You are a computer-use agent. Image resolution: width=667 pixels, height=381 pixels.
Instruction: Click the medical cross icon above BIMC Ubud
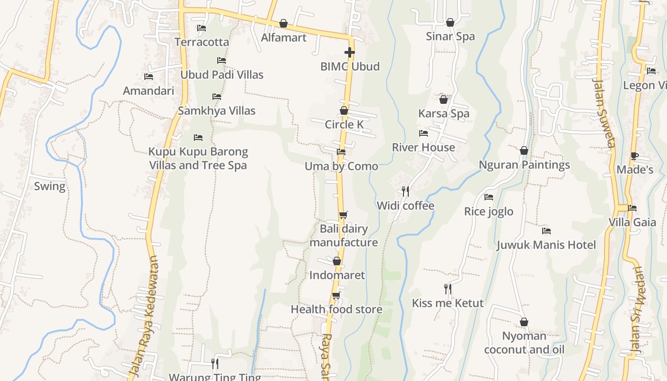[x=350, y=52]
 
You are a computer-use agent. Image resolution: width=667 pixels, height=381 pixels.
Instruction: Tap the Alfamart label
[x=283, y=38]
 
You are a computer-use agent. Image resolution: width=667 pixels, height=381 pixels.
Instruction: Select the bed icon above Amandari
[x=149, y=77]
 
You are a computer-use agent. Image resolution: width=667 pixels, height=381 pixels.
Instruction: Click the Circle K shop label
[x=344, y=125]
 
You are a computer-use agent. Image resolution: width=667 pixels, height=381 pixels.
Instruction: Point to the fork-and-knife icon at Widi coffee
[x=405, y=191]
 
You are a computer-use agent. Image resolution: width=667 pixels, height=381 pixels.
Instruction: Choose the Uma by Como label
[x=341, y=166]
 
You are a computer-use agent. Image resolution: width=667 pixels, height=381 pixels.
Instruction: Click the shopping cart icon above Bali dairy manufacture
[x=343, y=215]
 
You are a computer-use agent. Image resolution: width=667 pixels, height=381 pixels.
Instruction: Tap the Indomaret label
[x=337, y=275]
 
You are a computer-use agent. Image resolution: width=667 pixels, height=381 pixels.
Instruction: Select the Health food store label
[x=336, y=310]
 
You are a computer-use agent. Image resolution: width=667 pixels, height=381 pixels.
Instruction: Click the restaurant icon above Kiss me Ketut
[x=447, y=289]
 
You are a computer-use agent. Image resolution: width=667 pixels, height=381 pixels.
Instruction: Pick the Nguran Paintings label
[x=524, y=165]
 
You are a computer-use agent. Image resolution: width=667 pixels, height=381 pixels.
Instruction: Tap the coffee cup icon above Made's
[x=634, y=156]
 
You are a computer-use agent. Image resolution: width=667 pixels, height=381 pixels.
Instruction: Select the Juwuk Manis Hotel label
[x=546, y=245]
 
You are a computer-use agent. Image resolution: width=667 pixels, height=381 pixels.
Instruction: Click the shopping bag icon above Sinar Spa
[x=450, y=22]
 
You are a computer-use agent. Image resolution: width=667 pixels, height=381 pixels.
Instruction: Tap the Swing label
[x=50, y=186]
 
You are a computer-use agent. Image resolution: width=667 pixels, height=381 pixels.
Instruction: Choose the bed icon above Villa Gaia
[x=632, y=208]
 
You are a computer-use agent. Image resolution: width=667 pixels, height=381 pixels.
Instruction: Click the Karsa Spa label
[x=444, y=114]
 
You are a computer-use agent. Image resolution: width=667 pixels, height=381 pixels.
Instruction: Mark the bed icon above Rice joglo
[x=489, y=197]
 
